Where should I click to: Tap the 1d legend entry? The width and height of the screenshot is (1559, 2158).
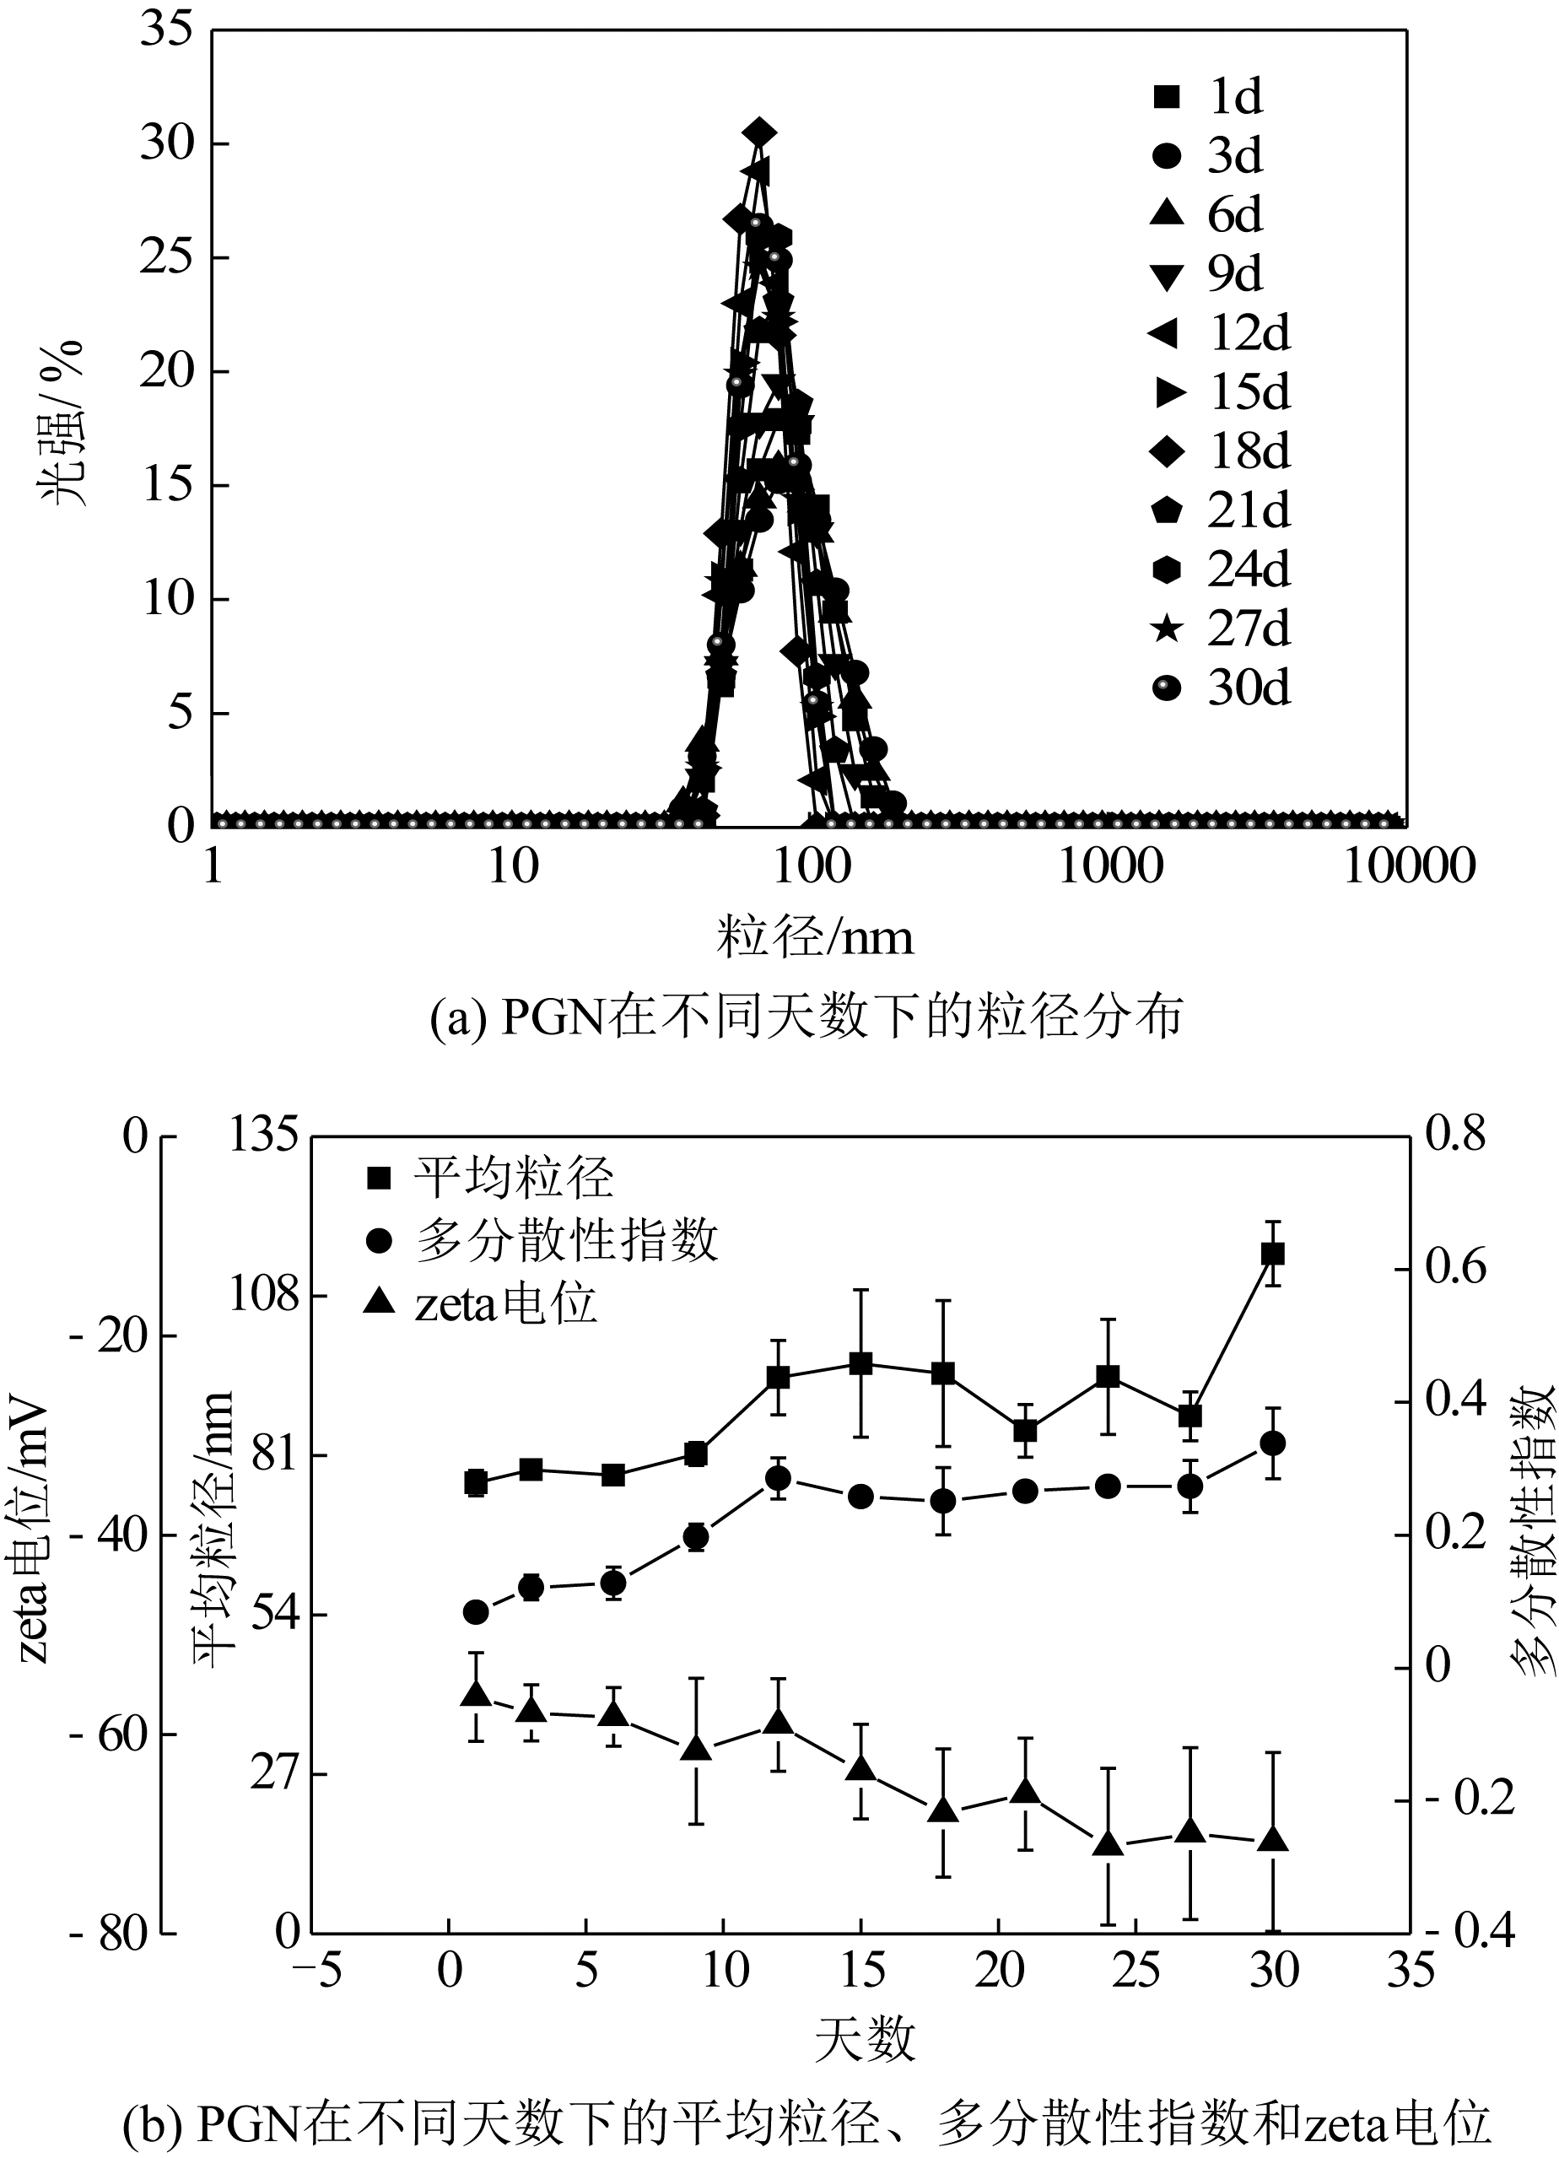1209,97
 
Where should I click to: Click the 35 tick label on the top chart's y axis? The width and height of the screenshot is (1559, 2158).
166,30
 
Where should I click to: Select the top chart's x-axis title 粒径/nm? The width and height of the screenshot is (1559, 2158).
815,938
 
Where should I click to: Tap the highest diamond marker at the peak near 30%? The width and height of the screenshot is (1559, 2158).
758,132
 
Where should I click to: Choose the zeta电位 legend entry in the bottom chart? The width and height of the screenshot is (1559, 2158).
482,1303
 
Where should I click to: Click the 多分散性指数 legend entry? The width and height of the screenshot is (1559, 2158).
543,1241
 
